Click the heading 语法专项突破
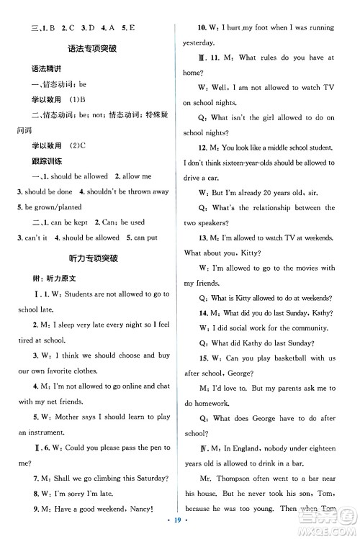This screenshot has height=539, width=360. pyautogui.click(x=93, y=50)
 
